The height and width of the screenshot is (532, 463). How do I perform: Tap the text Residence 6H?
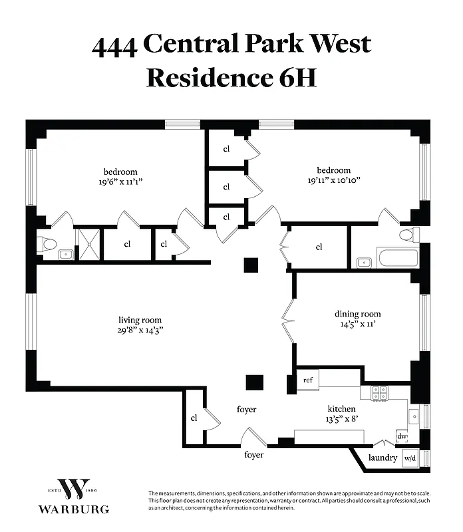pyautogui.click(x=230, y=77)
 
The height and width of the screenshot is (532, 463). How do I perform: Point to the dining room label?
pyautogui.click(x=357, y=314)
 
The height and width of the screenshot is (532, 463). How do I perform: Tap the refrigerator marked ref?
pyautogui.click(x=308, y=380)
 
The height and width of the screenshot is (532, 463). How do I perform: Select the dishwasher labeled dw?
pyautogui.click(x=402, y=436)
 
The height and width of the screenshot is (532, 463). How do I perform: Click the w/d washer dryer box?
pyautogui.click(x=410, y=458)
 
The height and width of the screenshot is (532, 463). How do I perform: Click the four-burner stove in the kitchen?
pyautogui.click(x=379, y=393)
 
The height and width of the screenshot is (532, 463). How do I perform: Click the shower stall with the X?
pyautogui.click(x=86, y=244)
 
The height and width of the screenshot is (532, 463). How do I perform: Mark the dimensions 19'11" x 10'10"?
pyautogui.click(x=334, y=180)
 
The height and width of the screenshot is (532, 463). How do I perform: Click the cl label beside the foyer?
pyautogui.click(x=194, y=418)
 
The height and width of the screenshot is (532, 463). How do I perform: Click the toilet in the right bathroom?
pyautogui.click(x=408, y=235)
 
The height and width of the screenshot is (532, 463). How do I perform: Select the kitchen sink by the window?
pyautogui.click(x=414, y=418)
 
